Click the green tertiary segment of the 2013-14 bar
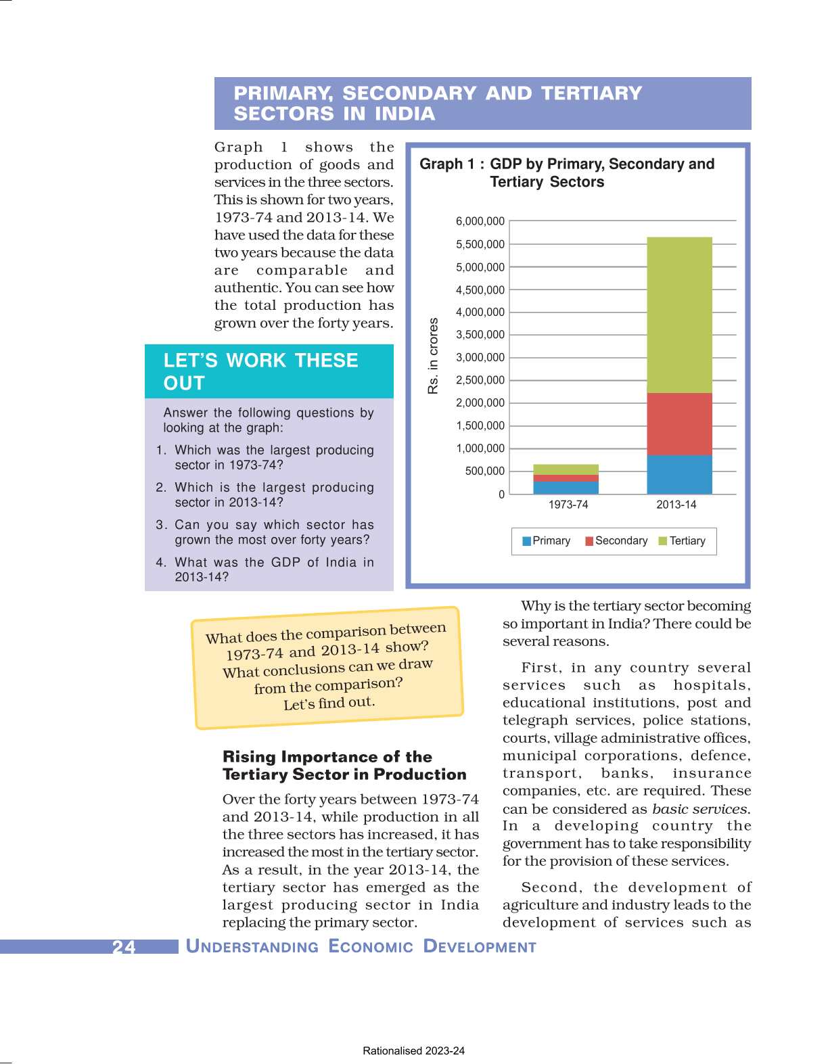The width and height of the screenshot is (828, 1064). pos(679,315)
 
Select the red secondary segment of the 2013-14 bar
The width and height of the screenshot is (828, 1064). pos(679,424)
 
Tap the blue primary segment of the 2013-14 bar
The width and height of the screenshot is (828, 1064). pos(679,474)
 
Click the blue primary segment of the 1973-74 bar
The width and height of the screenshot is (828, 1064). pos(566,487)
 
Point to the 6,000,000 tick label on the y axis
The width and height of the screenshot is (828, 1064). pos(480,221)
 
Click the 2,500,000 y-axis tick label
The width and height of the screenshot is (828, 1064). pos(480,380)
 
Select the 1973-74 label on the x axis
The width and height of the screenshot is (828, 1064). pos(568,505)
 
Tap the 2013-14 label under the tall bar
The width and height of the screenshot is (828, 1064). pos(676,505)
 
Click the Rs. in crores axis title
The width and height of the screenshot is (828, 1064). pos(433,356)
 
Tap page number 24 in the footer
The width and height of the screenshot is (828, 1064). pos(124,946)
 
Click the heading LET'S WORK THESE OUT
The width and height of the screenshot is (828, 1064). pos(260,371)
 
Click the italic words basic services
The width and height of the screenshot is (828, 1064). pos(700,809)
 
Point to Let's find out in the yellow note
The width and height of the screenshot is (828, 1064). pos(329,703)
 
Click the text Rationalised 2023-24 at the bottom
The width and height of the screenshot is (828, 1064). pos(413,1050)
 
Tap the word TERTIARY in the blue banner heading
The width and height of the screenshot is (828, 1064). pos(591,93)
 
